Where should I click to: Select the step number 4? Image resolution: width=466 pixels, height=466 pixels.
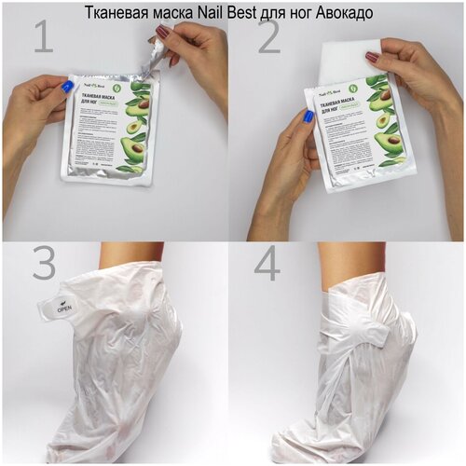pos(267,265)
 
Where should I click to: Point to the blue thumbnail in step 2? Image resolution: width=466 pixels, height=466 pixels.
pos(308,116)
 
